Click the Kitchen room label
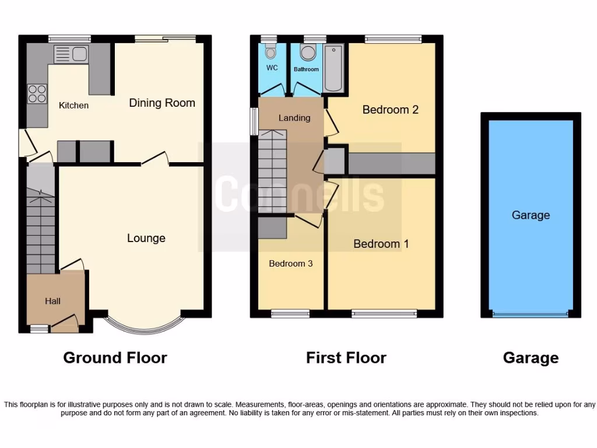pos(74,106)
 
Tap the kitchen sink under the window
pos(71,55)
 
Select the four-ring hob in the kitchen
pos(37,94)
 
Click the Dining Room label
pos(162,103)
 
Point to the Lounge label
pos(146,238)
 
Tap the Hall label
pos(52,301)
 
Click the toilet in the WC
pos(270,53)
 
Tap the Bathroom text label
pos(306,69)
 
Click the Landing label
pos(294,118)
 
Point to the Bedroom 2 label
pos(391,110)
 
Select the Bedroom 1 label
pos(381,244)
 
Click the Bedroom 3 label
pos(291,264)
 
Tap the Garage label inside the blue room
pos(531,215)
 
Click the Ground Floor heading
pos(115,358)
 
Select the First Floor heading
pos(346,358)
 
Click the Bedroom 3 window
pos(290,314)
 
